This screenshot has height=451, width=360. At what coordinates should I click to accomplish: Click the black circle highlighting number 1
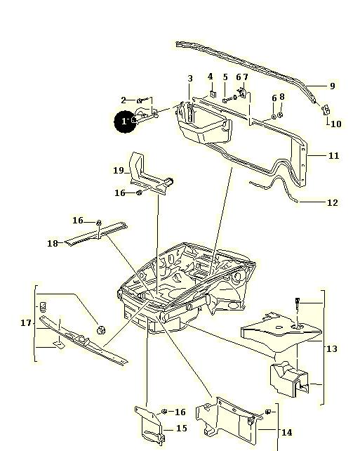pyautogui.click(x=124, y=122)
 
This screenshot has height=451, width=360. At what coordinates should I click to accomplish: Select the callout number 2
pyautogui.click(x=124, y=100)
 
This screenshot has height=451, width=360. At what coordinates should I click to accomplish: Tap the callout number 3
pyautogui.click(x=190, y=79)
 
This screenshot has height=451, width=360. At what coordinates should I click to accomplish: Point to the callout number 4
pyautogui.click(x=211, y=77)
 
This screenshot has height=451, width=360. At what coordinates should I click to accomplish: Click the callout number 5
pyautogui.click(x=225, y=77)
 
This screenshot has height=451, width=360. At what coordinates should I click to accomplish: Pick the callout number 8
pyautogui.click(x=282, y=97)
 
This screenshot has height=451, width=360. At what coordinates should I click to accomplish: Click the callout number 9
pyautogui.click(x=333, y=86)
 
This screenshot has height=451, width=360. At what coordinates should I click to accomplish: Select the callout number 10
pyautogui.click(x=336, y=124)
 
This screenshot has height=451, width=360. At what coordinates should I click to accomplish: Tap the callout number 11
pyautogui.click(x=333, y=156)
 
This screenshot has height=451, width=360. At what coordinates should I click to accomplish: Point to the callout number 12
pyautogui.click(x=333, y=203)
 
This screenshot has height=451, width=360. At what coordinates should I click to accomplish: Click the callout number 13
pyautogui.click(x=331, y=349)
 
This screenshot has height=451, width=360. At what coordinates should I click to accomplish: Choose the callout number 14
pyautogui.click(x=286, y=433)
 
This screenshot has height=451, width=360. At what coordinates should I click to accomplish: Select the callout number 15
pyautogui.click(x=182, y=429)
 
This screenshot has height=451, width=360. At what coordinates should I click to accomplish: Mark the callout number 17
pyautogui.click(x=26, y=323)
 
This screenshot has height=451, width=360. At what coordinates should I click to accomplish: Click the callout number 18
pyautogui.click(x=53, y=244)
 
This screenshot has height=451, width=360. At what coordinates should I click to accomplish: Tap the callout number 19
pyautogui.click(x=119, y=171)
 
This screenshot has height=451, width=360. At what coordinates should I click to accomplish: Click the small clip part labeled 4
pyautogui.click(x=213, y=94)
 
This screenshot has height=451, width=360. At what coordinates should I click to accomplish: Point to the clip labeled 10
pyautogui.click(x=326, y=110)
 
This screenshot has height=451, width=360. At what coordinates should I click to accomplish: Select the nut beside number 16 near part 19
pyautogui.click(x=139, y=192)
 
